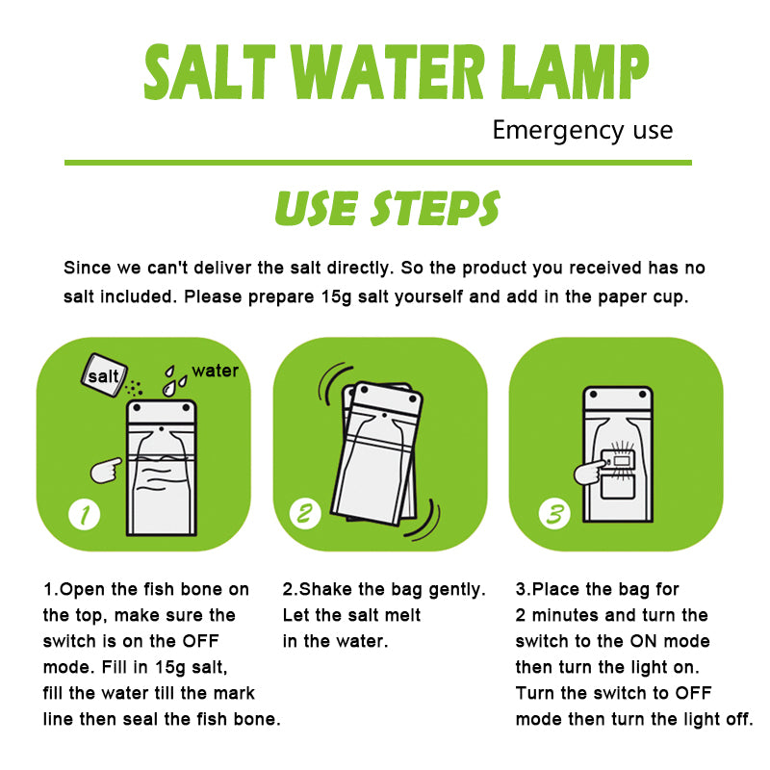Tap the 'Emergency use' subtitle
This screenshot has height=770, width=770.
point(582,130)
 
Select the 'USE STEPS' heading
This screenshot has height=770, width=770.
point(387,208)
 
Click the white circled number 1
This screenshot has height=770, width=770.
point(85,514)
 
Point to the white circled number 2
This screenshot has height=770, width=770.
point(304,514)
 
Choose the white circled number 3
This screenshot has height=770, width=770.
point(553,514)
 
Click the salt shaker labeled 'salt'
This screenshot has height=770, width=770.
point(103,376)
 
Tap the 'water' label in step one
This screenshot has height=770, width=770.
point(215,371)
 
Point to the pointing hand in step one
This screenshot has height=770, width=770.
point(105,470)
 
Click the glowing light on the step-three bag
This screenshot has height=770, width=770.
point(623,461)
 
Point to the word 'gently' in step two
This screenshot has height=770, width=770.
point(453,589)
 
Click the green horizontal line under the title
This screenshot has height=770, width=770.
point(377,163)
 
